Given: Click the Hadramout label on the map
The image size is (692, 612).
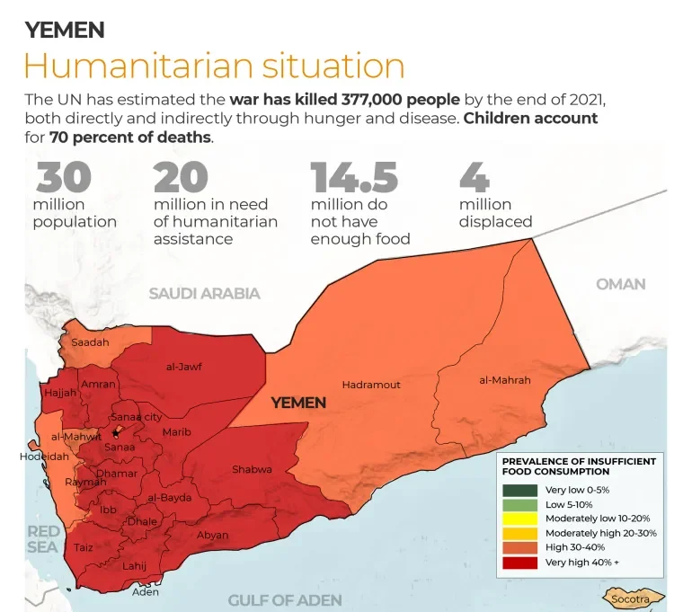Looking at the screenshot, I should coord(370,385).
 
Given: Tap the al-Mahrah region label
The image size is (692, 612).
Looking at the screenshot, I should coord(504,380).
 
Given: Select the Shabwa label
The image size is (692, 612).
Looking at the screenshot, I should coord(252,469).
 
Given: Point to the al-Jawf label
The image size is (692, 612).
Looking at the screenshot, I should coord(183,366).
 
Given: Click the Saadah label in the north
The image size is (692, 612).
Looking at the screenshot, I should coord(90,342).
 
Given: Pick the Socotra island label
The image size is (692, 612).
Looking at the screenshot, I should coord(630,599).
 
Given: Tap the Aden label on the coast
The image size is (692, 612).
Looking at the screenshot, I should coord(145,591).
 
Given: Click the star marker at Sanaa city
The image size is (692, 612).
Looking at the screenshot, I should coord(115,433).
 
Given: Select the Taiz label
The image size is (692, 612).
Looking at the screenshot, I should coord(83,547).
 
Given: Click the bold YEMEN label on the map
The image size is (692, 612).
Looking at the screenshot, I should coord(298,403).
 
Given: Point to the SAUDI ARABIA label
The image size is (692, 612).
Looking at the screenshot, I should coord(204,293).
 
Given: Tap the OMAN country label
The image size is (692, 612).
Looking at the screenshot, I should coord(620,284).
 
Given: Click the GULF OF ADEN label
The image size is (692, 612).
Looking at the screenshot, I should coord(285,600).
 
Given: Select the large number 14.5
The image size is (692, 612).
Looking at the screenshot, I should coord(354,177).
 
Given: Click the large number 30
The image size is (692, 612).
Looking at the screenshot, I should coord(63,177).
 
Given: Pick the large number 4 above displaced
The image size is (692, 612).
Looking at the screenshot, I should coord(474,177).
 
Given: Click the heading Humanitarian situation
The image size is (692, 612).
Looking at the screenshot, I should coord(214,66).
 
